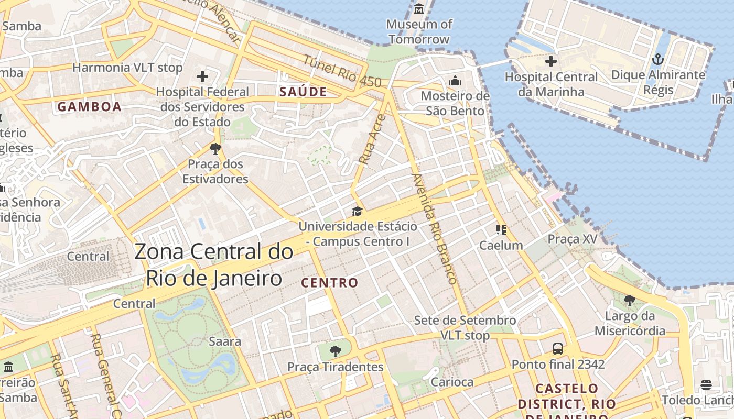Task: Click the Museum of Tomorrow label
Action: [x=419, y=31]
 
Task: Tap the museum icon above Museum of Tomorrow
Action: [x=419, y=9]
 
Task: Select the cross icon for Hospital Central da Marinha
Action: [x=550, y=61]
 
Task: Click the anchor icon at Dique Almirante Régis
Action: [x=658, y=59]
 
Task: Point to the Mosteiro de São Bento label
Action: [x=455, y=103]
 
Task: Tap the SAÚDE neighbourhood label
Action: [x=303, y=92]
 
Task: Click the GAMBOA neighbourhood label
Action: [x=89, y=107]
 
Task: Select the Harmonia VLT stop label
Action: [x=127, y=68]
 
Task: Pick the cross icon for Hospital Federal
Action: [x=202, y=76]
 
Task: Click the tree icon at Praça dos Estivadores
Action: [x=215, y=149]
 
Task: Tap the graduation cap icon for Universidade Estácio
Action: [x=357, y=211]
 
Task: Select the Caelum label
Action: [x=501, y=245]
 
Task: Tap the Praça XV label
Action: [x=573, y=239]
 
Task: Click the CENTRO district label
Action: [x=330, y=283]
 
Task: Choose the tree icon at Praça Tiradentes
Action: [x=335, y=351]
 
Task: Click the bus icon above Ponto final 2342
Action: [x=558, y=348]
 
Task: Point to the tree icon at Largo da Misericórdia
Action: [x=630, y=301]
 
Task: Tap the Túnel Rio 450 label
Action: [x=342, y=71]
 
